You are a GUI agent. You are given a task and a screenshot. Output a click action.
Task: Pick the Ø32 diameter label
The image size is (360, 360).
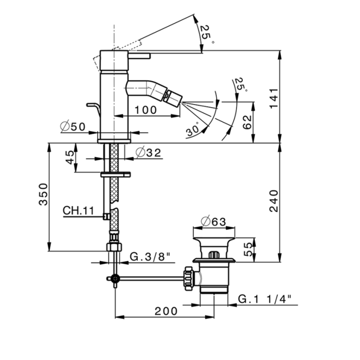[x=150, y=152]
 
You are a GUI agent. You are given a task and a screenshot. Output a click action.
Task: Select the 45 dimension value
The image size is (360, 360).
[x=70, y=158]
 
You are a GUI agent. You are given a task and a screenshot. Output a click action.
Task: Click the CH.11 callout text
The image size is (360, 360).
[x=78, y=210]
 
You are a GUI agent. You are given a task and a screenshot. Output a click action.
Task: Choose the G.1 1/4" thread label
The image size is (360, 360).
[x=265, y=298]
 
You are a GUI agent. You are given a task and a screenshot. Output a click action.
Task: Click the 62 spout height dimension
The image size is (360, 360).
[x=246, y=122]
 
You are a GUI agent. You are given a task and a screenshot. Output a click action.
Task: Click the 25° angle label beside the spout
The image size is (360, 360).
[x=240, y=84]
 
